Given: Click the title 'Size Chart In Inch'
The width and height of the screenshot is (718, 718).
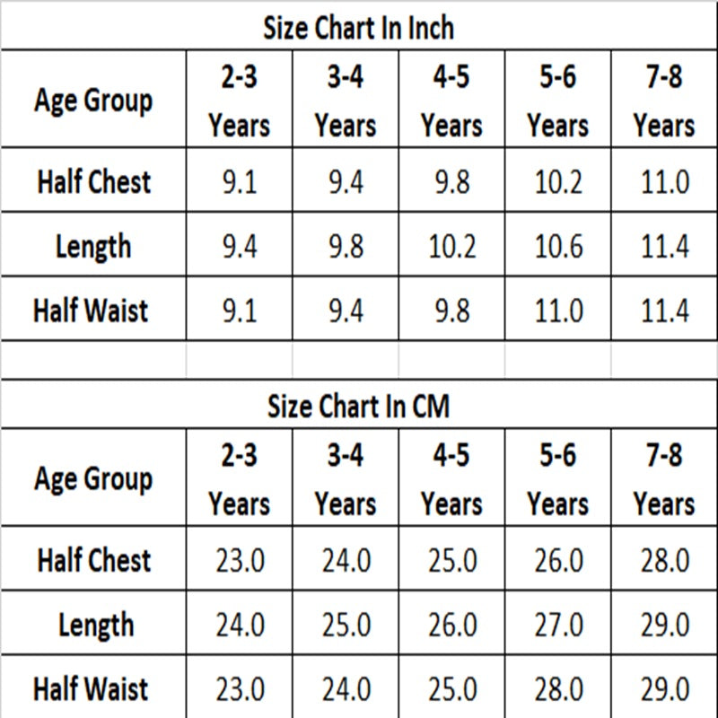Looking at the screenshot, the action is pos(358,28).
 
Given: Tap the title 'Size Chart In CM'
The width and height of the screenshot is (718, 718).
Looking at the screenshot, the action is pos(358,407).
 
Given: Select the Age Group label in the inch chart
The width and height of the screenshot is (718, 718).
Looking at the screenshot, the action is pos(93,101).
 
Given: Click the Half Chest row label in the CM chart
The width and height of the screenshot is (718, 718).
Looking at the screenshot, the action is pos(94,559).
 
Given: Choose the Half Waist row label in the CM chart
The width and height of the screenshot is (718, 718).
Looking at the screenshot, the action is pos(91,688).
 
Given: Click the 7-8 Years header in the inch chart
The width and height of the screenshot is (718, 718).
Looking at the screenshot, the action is pos(664,101).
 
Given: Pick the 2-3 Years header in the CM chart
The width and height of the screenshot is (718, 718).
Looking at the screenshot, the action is pos(239,479).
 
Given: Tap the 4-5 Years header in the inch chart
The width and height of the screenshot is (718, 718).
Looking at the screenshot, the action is pos(451,101).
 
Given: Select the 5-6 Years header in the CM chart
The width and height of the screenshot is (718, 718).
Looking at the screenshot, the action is pos(557,479).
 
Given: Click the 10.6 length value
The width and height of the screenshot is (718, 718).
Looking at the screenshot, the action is pos(558,247).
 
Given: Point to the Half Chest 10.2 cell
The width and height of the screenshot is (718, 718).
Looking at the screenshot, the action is pos(558,182).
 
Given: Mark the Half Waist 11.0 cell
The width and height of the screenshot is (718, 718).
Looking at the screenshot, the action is pos(558,311).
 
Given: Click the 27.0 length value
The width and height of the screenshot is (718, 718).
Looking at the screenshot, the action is pos(558,625).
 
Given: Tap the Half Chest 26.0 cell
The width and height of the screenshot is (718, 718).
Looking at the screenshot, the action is pos(558,560).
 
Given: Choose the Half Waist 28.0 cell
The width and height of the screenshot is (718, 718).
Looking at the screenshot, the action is pos(558,689).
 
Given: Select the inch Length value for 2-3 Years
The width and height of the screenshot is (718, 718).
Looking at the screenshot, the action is pos(240,247).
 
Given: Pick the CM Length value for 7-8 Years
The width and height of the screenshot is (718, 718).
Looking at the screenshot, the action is pos(665,625).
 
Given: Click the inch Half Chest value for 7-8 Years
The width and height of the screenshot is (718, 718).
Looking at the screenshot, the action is pos(665,182).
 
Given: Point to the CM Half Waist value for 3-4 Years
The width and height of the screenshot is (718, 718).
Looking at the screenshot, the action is pos(346,689).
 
